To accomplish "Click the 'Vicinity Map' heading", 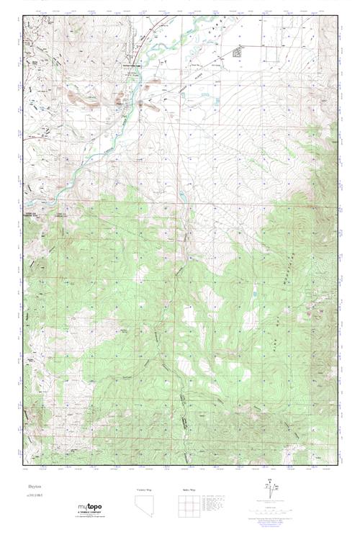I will [145, 489].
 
